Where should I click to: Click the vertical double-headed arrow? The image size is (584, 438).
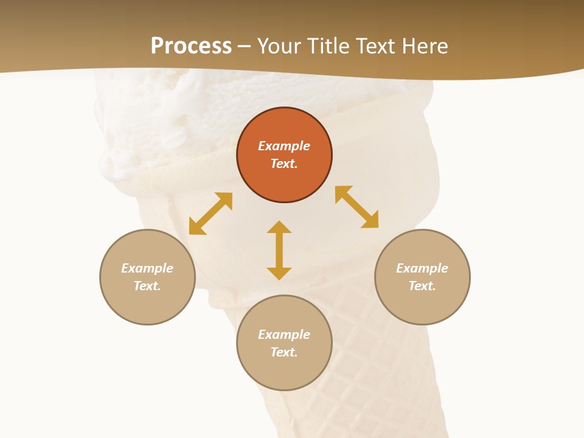click(x=279, y=250)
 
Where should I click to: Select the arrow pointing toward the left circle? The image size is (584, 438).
click(x=210, y=214)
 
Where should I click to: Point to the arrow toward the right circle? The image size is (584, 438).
click(x=356, y=207)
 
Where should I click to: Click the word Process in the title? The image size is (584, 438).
click(x=191, y=46)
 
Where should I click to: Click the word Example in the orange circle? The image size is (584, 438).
click(x=284, y=146)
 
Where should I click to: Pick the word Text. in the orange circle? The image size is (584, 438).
click(x=284, y=164)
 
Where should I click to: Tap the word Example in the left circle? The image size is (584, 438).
click(x=147, y=268)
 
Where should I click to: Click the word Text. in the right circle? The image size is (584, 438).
click(x=422, y=286)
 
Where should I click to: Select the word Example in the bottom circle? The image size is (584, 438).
click(x=284, y=335)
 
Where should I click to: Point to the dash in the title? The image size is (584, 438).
click(x=245, y=46)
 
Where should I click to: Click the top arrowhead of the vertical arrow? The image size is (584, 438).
click(x=279, y=227)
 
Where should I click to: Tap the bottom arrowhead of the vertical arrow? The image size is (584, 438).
click(x=279, y=273)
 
